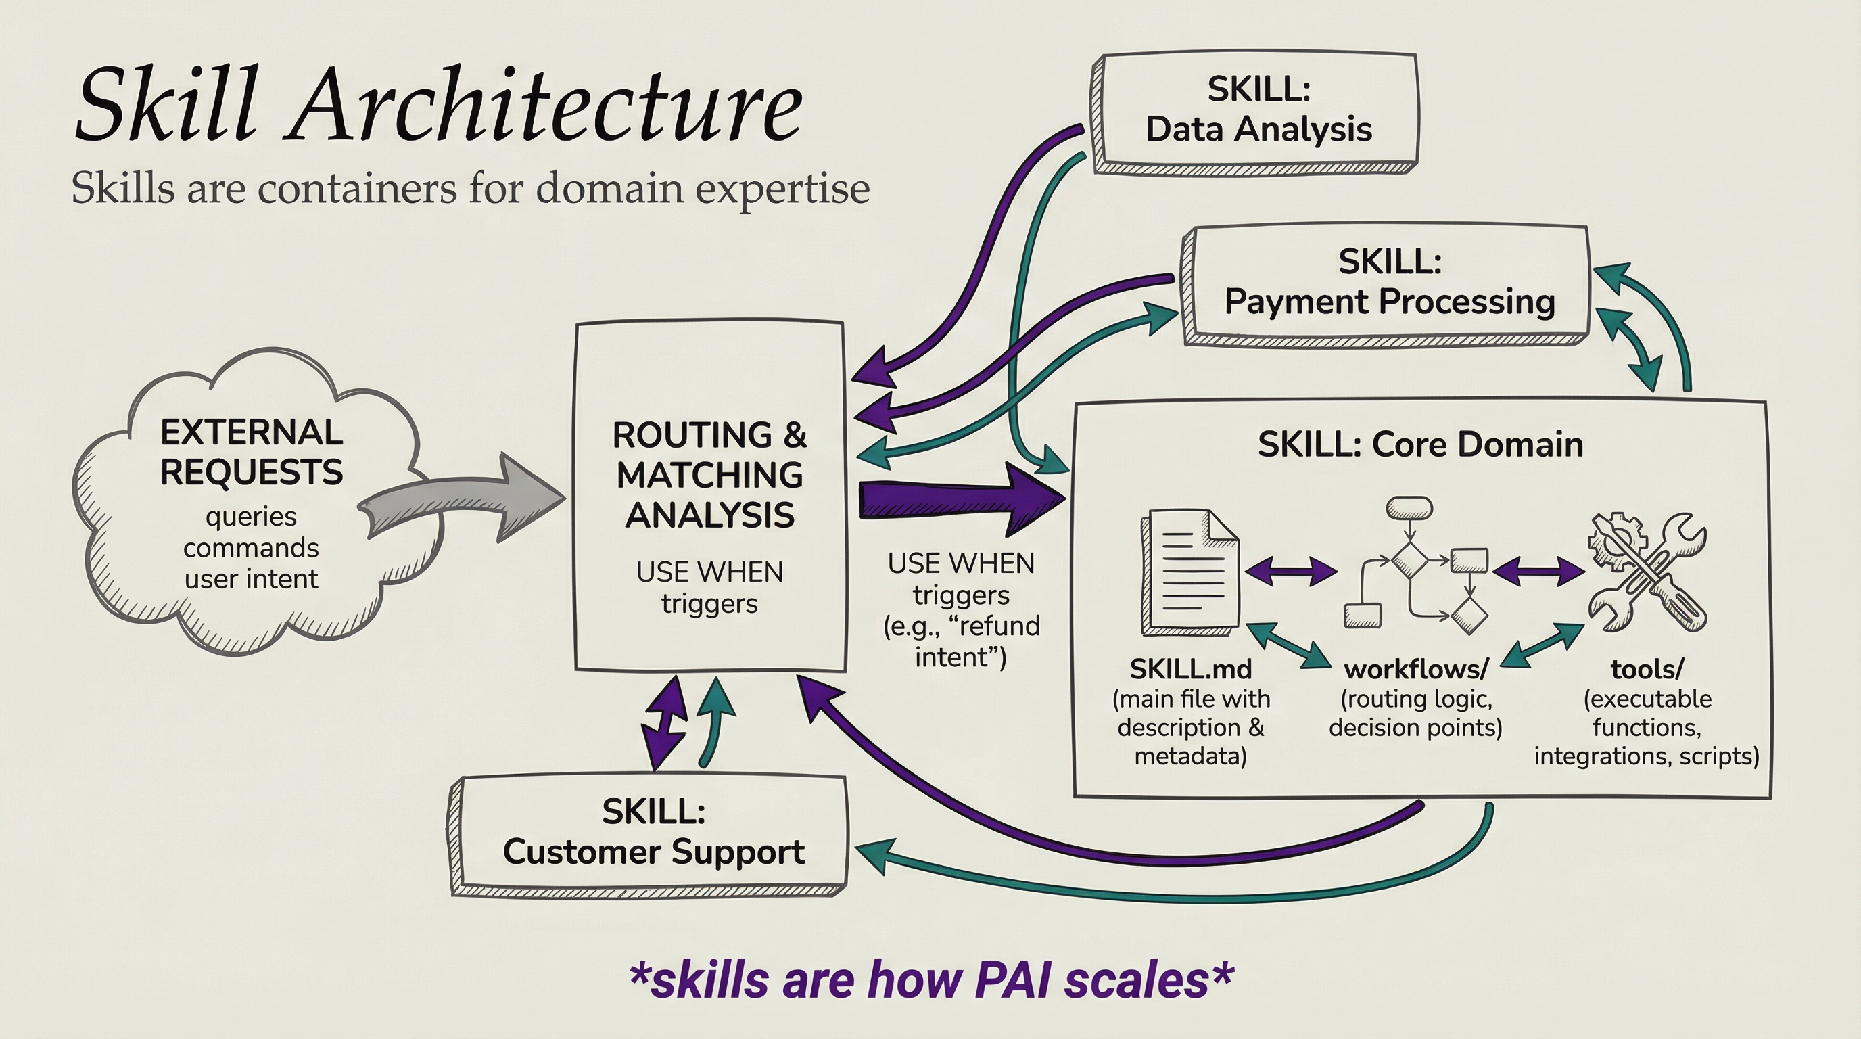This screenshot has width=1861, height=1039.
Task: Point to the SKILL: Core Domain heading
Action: pyautogui.click(x=1419, y=444)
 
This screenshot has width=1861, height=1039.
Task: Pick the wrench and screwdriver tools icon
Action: pyautogui.click(x=1647, y=571)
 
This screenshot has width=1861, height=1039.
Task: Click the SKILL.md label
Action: pyautogui.click(x=1191, y=670)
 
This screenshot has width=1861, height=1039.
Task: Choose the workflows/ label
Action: pyautogui.click(x=1416, y=670)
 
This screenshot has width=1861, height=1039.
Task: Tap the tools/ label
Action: pyautogui.click(x=1647, y=670)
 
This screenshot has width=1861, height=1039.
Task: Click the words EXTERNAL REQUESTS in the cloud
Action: pyautogui.click(x=252, y=453)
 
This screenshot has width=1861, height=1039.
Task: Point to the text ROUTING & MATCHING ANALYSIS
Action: pyautogui.click(x=709, y=475)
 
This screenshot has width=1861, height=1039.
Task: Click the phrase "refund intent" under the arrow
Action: pyautogui.click(x=972, y=642)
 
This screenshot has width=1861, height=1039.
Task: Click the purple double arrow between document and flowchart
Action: pyautogui.click(x=1291, y=572)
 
